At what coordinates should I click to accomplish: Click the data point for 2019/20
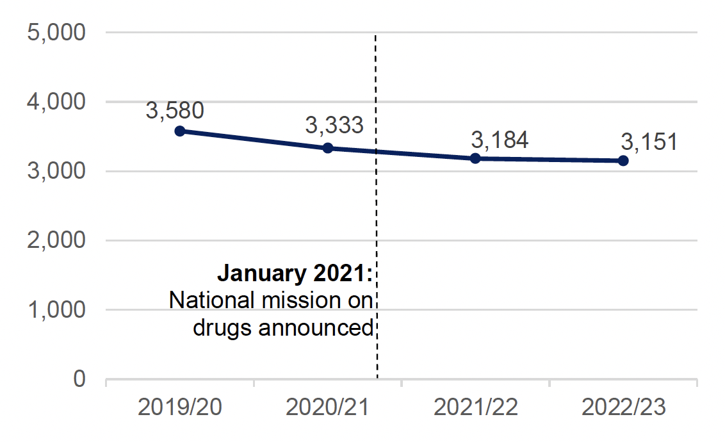click(180, 131)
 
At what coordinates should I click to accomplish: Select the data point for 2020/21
click(328, 148)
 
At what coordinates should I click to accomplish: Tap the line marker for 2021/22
click(475, 158)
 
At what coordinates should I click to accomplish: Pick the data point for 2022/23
click(623, 161)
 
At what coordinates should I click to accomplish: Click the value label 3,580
click(175, 110)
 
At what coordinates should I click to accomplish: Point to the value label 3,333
click(334, 126)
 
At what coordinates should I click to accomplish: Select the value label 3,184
click(500, 140)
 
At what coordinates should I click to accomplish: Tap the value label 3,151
click(648, 142)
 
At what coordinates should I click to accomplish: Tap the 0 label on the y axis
click(79, 379)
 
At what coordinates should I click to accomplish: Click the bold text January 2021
click(295, 274)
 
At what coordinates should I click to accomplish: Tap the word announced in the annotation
click(316, 328)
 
